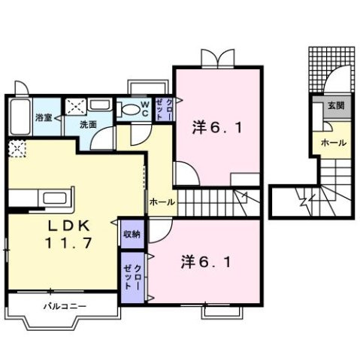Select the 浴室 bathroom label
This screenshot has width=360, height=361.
[x=43, y=117]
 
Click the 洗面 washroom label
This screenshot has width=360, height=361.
[x=89, y=124]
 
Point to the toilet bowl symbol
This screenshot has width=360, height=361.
[x=131, y=111]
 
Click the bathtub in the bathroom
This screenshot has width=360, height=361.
[x=20, y=117]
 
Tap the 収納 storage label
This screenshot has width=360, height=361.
[x=132, y=234]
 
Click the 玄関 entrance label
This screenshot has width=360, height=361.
[x=334, y=107]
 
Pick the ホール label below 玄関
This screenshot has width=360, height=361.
[x=333, y=142]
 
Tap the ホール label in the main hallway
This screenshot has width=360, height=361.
[x=162, y=202]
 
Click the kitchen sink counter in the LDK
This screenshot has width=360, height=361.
[x=55, y=200]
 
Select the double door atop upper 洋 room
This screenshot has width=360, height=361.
[x=219, y=58]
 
